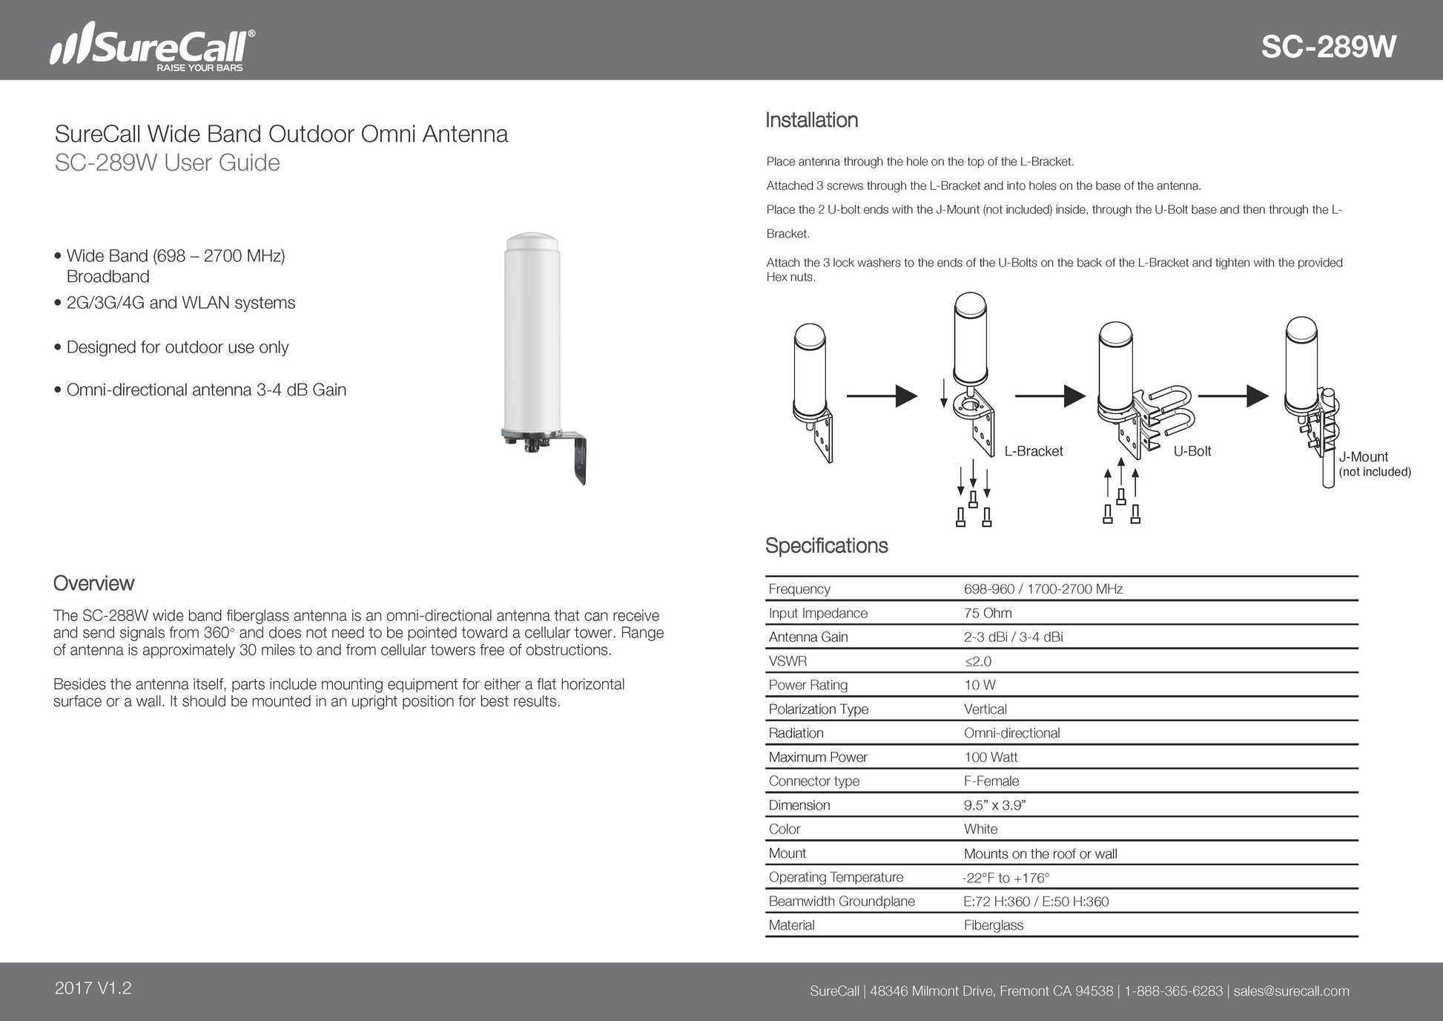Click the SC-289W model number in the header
[1328, 47]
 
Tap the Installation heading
[811, 120]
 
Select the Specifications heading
[826, 546]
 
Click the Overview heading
[93, 583]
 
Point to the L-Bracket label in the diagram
[1033, 451]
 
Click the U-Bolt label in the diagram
[1192, 451]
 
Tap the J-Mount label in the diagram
[1363, 457]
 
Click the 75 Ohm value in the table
[988, 613]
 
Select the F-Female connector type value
[991, 781]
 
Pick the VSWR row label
[787, 661]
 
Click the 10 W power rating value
[980, 685]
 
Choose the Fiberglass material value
[993, 925]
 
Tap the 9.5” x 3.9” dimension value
[994, 805]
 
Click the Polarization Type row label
[818, 709]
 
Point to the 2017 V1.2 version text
[93, 988]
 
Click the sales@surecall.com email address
[1291, 991]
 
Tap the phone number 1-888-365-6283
[1173, 991]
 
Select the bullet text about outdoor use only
[177, 347]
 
